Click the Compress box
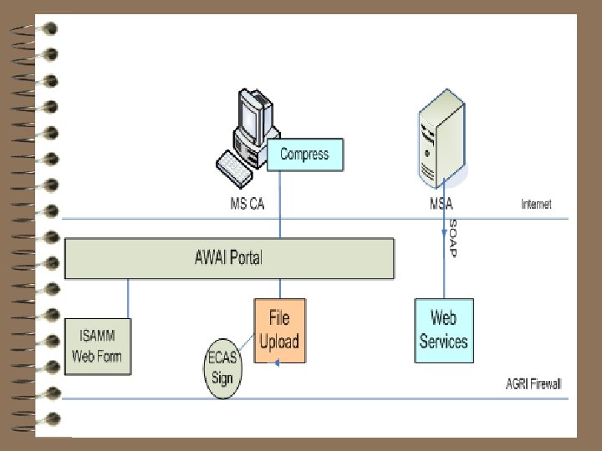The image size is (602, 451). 304,155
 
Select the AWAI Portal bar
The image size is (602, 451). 229,258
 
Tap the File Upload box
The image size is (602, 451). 279,330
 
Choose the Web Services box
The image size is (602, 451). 444,330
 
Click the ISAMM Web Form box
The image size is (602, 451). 98,346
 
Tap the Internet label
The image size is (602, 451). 536,204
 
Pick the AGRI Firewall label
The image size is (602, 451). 533,383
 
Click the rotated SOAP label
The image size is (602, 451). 452,238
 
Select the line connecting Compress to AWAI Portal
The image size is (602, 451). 280,205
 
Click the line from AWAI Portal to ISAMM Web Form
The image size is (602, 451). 128,297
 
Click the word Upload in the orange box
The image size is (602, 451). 279,342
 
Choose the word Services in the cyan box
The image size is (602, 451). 444,342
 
